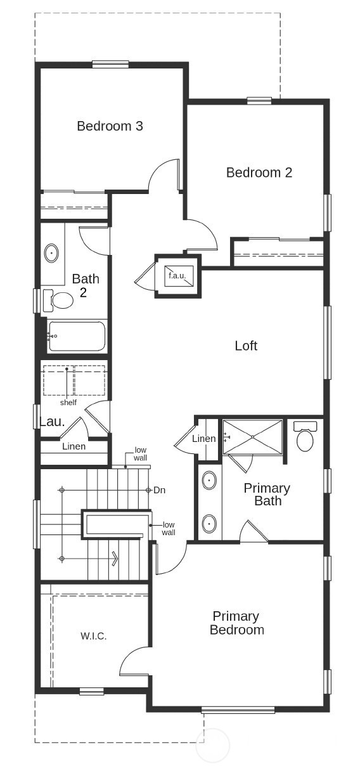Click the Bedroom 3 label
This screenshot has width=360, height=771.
click(x=110, y=126)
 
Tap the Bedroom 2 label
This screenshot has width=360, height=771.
click(x=259, y=172)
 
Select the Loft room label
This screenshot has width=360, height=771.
click(x=246, y=346)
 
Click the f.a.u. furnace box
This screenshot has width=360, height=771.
click(x=177, y=276)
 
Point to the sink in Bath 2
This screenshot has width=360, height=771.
click(x=51, y=254)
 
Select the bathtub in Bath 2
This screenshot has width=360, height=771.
click(x=77, y=336)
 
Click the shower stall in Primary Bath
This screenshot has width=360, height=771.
click(x=252, y=436)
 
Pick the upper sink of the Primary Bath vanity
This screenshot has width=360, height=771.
click(x=209, y=481)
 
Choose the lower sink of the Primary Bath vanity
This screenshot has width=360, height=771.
click(x=209, y=524)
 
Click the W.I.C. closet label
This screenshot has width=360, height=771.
click(x=93, y=635)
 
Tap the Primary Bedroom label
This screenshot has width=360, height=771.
click(x=236, y=623)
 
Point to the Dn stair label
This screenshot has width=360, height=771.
click(x=160, y=490)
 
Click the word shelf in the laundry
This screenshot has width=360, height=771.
click(x=68, y=403)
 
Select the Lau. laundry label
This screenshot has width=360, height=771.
click(x=52, y=422)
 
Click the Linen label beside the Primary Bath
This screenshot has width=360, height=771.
click(x=203, y=439)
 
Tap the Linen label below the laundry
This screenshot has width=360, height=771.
click(x=74, y=446)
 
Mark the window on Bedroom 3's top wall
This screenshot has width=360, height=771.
click(x=110, y=64)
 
